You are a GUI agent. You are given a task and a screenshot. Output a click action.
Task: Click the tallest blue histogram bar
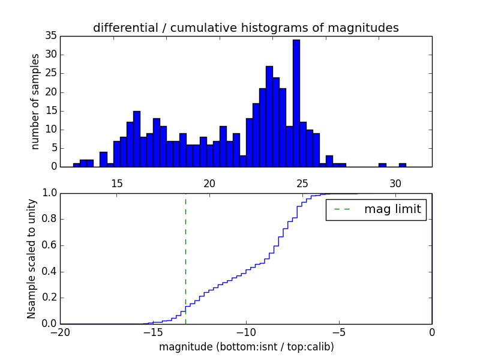[x=296, y=103]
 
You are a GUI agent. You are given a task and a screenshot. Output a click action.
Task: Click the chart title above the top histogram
[x=245, y=28]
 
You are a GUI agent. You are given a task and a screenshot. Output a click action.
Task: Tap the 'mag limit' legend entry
[x=376, y=209]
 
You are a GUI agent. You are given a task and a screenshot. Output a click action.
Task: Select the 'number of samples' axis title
[x=35, y=101]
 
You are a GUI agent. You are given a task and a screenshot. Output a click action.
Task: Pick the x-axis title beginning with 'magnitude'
[x=246, y=347]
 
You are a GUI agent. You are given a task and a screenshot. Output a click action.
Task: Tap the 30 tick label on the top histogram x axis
[x=395, y=183]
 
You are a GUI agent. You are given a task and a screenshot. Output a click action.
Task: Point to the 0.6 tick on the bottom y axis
[x=48, y=245]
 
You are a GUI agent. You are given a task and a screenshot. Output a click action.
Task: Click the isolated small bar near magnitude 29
[x=382, y=165]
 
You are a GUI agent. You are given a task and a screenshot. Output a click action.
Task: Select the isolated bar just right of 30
[x=402, y=165]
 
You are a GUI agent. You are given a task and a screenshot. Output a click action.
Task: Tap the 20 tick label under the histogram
[x=209, y=183]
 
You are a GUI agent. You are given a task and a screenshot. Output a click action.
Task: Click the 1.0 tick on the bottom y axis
[x=48, y=193]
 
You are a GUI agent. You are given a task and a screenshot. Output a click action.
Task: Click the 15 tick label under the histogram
[x=116, y=183]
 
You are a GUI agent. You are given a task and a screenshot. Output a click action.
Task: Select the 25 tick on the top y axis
[x=51, y=73]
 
